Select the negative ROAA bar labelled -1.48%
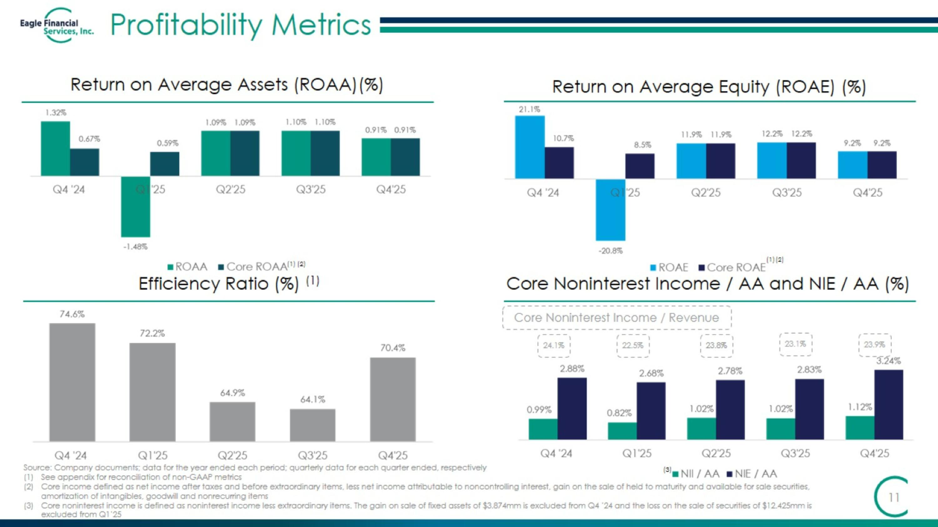tap(135, 206)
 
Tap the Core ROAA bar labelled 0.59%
tap(164, 164)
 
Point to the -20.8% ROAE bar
tap(610, 210)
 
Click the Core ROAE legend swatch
tap(701, 268)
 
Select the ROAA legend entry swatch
tap(170, 267)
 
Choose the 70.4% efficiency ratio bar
tap(392, 399)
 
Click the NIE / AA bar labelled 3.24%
tap(889, 405)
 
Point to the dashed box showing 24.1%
tap(554, 346)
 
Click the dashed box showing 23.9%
tap(875, 345)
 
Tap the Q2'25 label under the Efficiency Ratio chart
tap(232, 455)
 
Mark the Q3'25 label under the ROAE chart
tap(787, 192)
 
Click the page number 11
tap(894, 497)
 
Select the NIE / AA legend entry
tap(752, 474)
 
